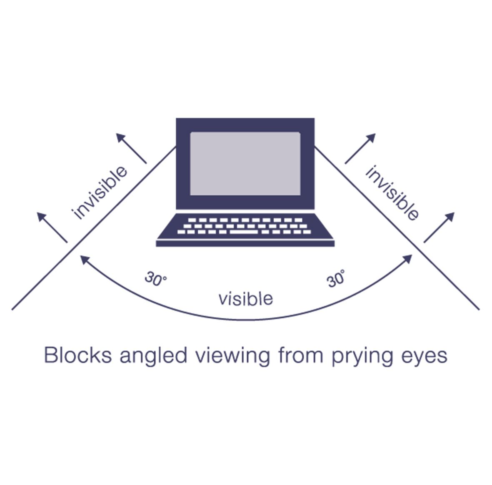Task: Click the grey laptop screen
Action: pyautogui.click(x=245, y=163)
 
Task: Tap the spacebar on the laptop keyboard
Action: pyautogui.click(x=244, y=232)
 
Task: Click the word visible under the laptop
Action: pyautogui.click(x=246, y=299)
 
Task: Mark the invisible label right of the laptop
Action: pyautogui.click(x=392, y=193)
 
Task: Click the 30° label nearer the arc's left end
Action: pyautogui.click(x=155, y=279)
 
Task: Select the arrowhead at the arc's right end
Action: pyautogui.click(x=408, y=259)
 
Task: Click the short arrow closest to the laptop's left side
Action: pyautogui.click(x=131, y=148)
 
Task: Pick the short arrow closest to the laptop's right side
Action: pyautogui.click(x=360, y=148)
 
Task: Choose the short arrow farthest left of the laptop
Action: pyautogui.click(x=52, y=227)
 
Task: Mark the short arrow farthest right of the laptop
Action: pyautogui.click(x=439, y=227)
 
